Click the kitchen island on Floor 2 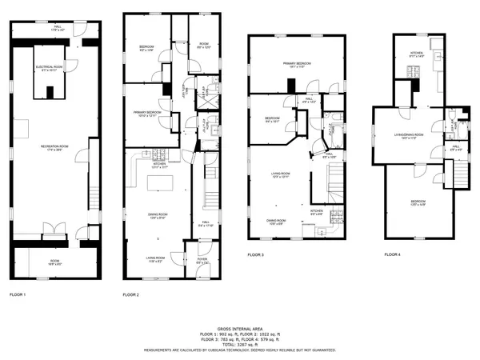pyautogui.click(x=157, y=186)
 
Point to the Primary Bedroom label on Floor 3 pyautogui.click(x=294, y=65)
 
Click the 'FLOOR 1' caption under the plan pyautogui.click(x=17, y=295)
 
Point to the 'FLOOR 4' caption pyautogui.click(x=392, y=254)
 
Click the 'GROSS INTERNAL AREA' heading pyautogui.click(x=240, y=328)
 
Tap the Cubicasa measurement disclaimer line pyautogui.click(x=240, y=350)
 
